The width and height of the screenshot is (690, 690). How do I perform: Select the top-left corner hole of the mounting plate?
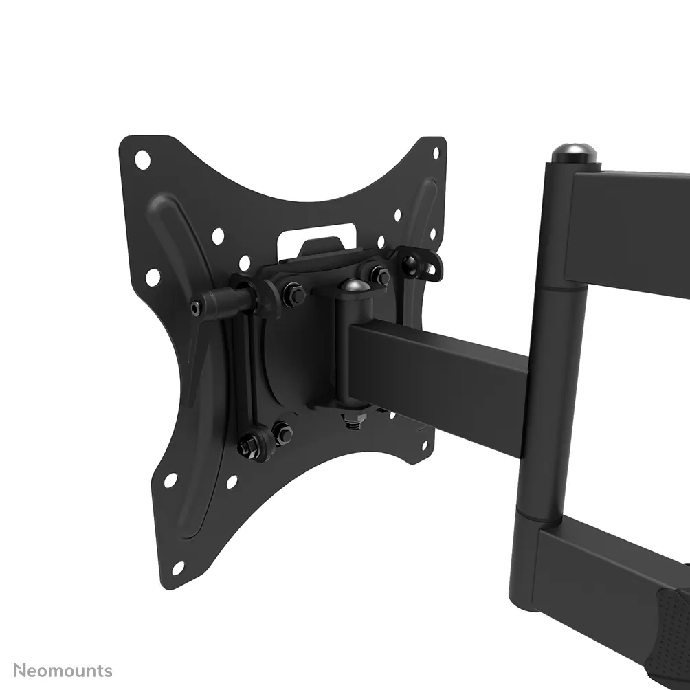[x=142, y=159]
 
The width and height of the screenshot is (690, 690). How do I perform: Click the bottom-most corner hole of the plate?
[x=177, y=568]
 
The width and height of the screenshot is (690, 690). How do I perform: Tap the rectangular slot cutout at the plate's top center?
[x=317, y=232]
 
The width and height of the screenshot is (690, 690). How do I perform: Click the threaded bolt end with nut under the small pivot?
[x=352, y=419]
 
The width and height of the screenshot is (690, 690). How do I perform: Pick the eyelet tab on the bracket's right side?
[x=422, y=265]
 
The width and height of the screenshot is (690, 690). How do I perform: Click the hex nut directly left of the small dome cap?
[x=295, y=294]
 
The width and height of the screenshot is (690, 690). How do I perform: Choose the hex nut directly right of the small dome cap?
[x=379, y=276]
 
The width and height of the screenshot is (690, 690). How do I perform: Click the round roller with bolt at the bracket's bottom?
[x=250, y=446]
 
